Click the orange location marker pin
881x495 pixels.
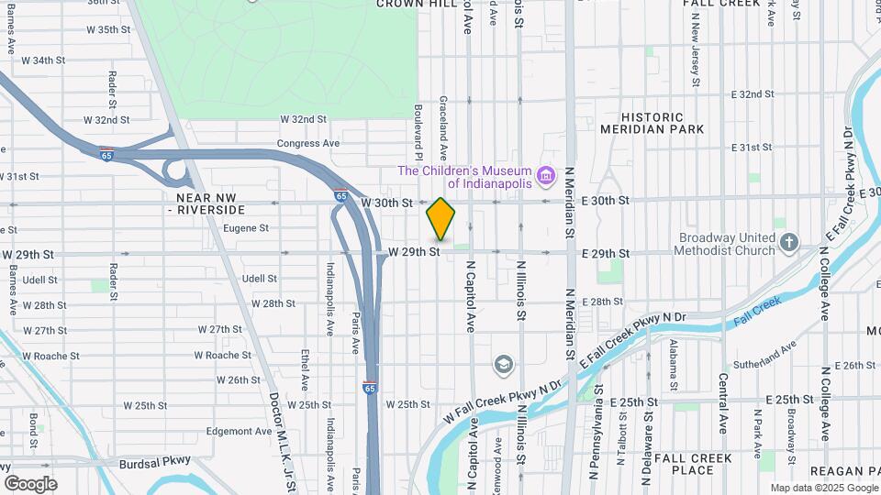pyautogui.click(x=441, y=218)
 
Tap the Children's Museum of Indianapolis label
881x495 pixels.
pyautogui.click(x=464, y=178)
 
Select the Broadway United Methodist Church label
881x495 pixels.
pyautogui.click(x=727, y=243)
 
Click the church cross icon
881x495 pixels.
pyautogui.click(x=789, y=243)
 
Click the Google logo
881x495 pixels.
pyautogui.click(x=30, y=483)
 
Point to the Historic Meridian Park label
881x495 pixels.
pyautogui.click(x=652, y=123)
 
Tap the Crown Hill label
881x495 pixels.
pyautogui.click(x=410, y=4)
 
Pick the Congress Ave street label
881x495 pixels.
pyautogui.click(x=308, y=143)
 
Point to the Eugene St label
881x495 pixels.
pyautogui.click(x=245, y=228)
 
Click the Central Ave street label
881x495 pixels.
pyautogui.click(x=723, y=404)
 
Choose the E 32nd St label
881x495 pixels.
pyautogui.click(x=756, y=94)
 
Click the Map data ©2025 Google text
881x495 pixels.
pyautogui.click(x=823, y=488)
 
